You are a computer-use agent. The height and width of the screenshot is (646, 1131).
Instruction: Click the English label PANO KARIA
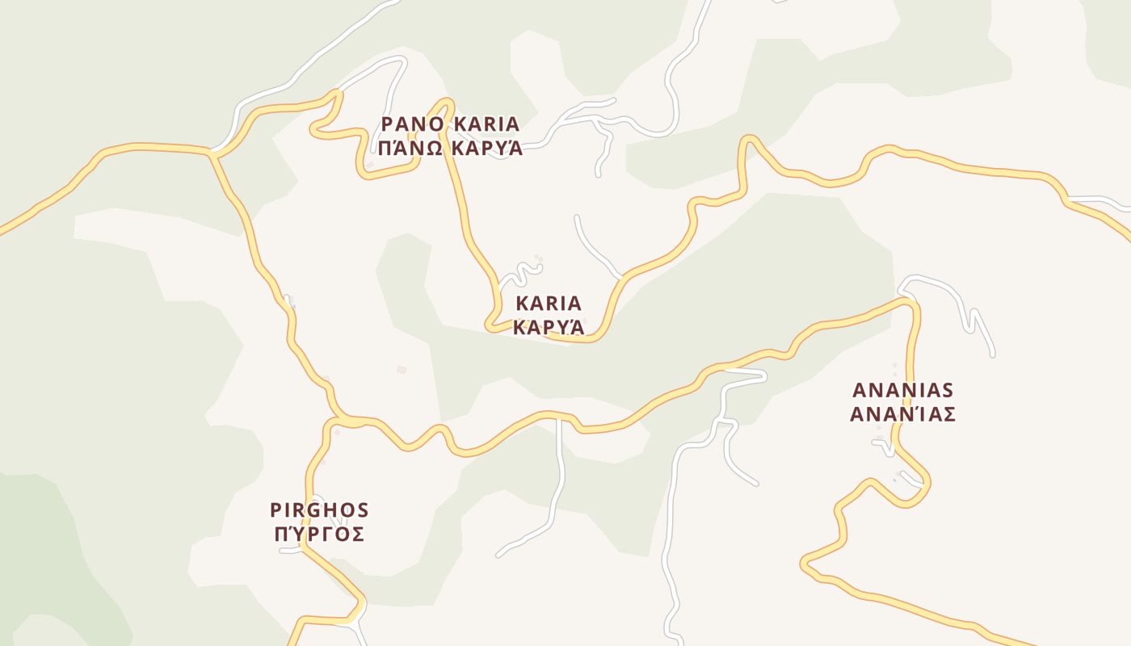[451, 124]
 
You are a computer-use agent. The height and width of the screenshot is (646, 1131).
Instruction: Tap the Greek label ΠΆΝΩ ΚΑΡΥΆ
[451, 149]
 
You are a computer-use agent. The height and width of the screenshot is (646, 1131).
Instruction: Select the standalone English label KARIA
[549, 304]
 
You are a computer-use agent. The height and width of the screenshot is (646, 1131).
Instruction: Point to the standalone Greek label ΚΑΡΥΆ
[549, 328]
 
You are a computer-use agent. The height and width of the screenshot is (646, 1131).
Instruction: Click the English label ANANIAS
[903, 391]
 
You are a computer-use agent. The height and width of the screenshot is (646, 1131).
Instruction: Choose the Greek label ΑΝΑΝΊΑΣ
[903, 414]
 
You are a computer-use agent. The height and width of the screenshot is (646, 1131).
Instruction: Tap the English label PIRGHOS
[319, 510]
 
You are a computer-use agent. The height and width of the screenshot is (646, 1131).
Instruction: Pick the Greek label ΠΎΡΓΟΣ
[319, 535]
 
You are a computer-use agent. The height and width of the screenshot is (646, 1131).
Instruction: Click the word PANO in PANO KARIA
[413, 124]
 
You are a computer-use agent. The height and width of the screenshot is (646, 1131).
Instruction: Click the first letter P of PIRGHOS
[275, 510]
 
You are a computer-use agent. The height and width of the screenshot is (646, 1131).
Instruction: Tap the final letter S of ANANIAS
[948, 391]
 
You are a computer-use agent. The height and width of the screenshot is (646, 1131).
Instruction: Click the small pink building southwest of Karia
[402, 370]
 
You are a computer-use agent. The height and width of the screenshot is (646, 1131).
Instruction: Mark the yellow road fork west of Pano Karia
[212, 152]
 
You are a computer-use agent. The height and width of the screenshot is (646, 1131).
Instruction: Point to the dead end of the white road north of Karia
[576, 216]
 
